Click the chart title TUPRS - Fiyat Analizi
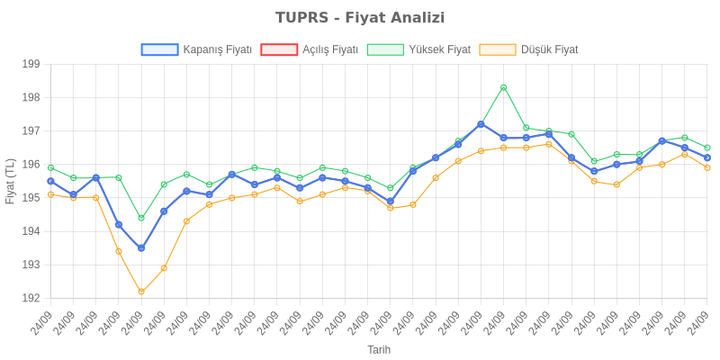tap(360, 18)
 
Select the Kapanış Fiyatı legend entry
tap(216, 50)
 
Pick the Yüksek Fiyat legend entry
tap(439, 50)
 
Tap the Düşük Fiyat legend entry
tap(549, 50)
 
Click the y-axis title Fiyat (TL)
tap(11, 181)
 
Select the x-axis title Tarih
tap(379, 348)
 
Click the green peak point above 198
tap(503, 87)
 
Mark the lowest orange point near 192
tap(141, 292)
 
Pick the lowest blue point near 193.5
tap(141, 248)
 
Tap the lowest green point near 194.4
tap(141, 218)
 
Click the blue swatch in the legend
tap(159, 50)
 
